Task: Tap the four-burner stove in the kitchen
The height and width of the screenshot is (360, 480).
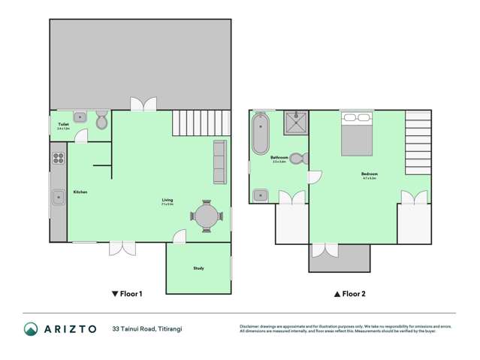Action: pos(58,159)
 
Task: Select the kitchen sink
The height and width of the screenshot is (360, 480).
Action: pos(58,198)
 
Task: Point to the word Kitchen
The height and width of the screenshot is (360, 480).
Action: pos(80,192)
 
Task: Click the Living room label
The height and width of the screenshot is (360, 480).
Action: pos(168,201)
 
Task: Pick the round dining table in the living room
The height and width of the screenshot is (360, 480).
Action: pos(206,217)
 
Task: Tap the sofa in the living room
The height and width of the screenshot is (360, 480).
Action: pos(220,162)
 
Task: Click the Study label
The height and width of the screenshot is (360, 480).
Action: pos(198,268)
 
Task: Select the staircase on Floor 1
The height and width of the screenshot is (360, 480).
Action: pos(201,121)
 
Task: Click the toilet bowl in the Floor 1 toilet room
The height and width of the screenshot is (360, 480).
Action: pos(101,120)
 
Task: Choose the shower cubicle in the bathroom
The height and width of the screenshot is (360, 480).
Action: pos(295,122)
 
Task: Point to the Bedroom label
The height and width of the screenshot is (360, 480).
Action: pos(369,174)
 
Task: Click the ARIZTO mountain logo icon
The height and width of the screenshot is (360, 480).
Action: pos(30,328)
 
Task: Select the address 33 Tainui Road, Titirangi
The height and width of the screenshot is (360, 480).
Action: pos(147,328)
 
